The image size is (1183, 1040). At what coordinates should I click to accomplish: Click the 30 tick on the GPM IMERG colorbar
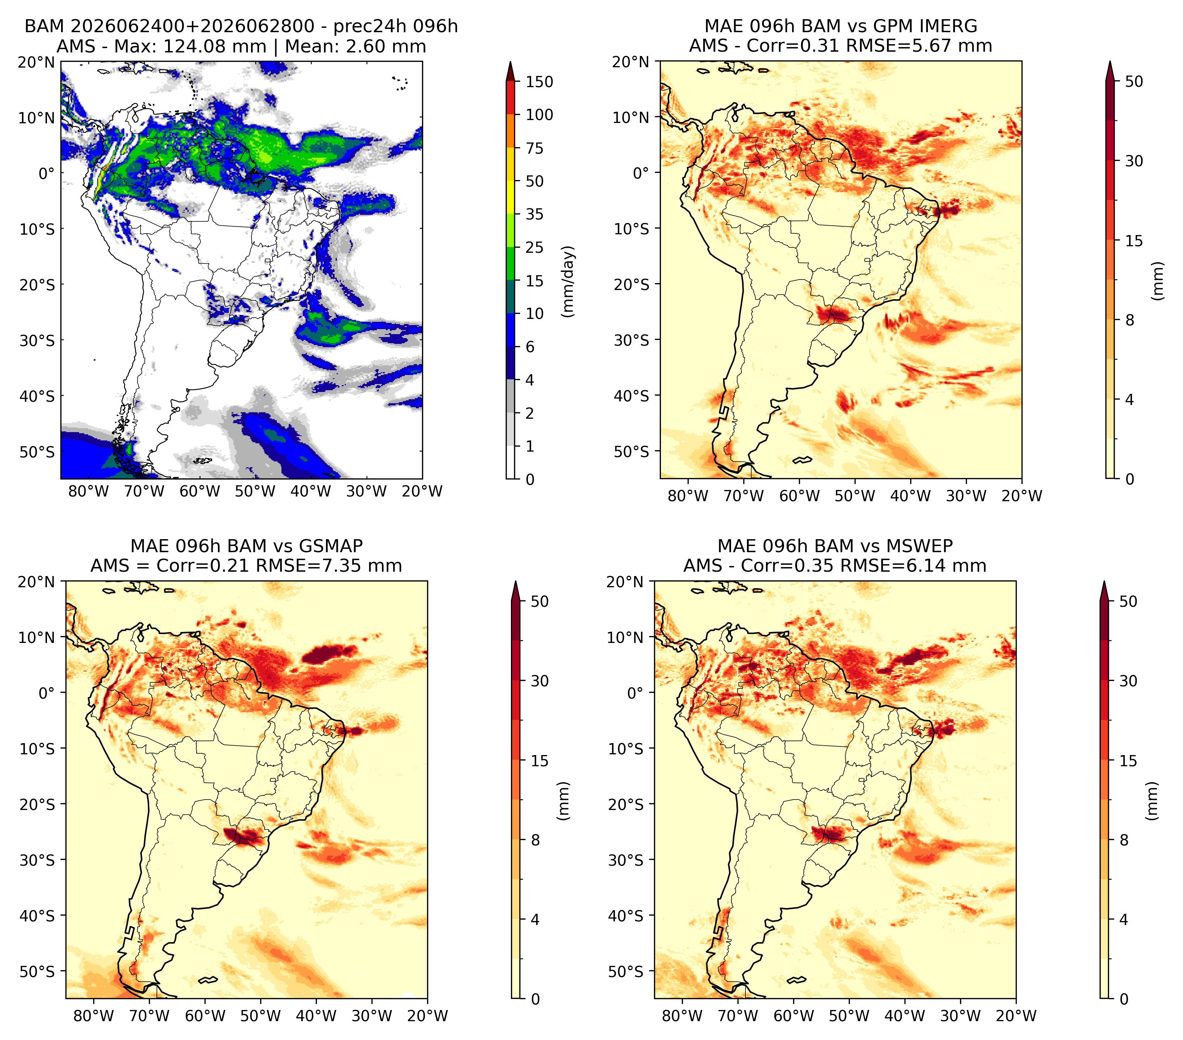pyautogui.click(x=1134, y=161)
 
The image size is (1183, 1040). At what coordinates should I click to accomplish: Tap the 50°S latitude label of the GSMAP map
pyautogui.click(x=37, y=971)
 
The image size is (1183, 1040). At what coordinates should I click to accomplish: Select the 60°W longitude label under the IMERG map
pyautogui.click(x=799, y=496)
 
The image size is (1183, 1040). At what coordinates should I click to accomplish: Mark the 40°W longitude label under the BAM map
pyautogui.click(x=311, y=491)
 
